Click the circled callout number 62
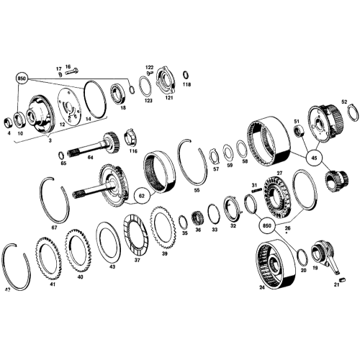(141, 194)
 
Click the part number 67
(55, 228)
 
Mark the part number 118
(187, 84)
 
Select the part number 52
(344, 102)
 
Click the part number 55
(197, 191)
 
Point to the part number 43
(112, 266)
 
